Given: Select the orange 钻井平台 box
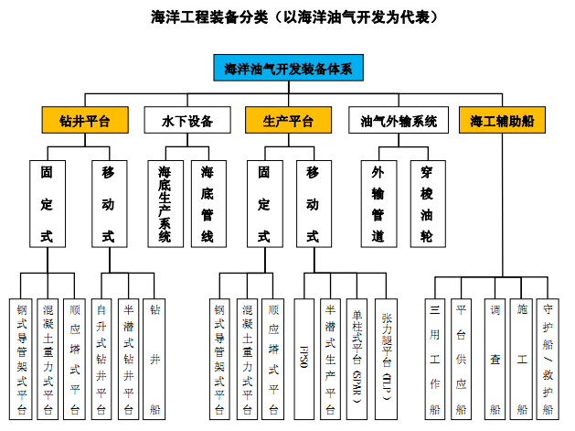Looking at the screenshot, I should [x=76, y=120].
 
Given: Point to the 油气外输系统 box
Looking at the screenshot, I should [x=399, y=120].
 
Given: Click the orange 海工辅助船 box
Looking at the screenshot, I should [x=502, y=120].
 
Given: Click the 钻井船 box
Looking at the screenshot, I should [x=155, y=357].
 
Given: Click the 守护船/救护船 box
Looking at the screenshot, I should [x=548, y=357].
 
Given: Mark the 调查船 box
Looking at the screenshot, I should [x=495, y=357].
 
